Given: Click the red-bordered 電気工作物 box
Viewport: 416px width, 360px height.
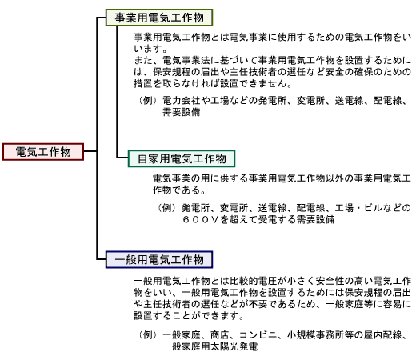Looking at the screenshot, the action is point(43,152).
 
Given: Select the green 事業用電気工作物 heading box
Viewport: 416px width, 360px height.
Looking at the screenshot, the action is point(159,18).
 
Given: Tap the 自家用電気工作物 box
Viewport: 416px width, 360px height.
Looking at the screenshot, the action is point(182,158).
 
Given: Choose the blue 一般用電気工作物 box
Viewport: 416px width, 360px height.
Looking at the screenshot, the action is point(159,259).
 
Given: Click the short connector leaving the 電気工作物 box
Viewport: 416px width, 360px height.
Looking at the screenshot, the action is point(90,151).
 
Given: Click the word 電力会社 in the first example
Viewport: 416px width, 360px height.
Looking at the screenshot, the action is point(182,101).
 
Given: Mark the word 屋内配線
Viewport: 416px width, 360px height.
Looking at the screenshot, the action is point(382,335).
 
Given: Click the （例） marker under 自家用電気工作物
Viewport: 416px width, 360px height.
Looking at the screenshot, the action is point(166,208).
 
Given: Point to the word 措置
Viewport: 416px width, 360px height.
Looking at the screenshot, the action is point(143,84).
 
